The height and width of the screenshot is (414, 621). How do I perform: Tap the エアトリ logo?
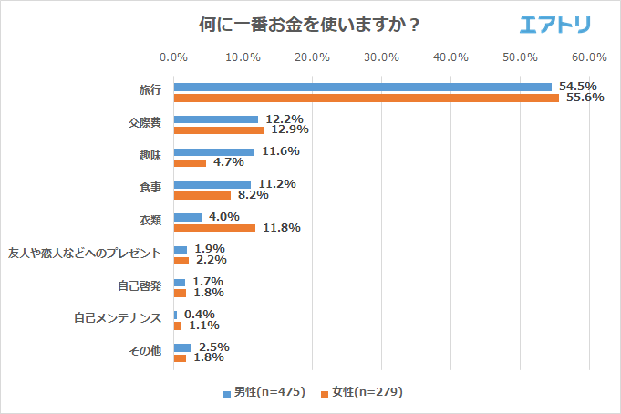click(x=555, y=24)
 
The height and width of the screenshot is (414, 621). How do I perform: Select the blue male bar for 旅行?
click(x=362, y=87)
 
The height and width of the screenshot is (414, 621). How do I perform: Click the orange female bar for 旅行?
click(x=366, y=98)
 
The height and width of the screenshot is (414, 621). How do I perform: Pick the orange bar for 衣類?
click(x=214, y=228)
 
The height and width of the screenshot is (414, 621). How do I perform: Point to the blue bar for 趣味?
click(x=213, y=152)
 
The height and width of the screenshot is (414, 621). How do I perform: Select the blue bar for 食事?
click(x=212, y=184)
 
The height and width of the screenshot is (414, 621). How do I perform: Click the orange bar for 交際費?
click(x=218, y=130)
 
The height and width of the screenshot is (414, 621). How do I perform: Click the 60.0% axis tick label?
click(x=589, y=57)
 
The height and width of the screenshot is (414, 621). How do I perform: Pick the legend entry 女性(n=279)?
click(x=361, y=392)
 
